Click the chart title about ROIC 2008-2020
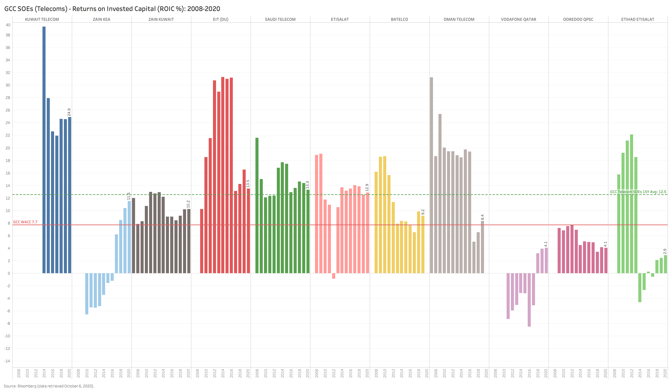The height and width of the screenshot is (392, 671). (x=112, y=9)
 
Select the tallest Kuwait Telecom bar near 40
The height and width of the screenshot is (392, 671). (x=44, y=150)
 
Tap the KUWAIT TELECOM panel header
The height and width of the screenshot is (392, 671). (x=42, y=19)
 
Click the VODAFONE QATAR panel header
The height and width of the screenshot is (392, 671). (x=519, y=19)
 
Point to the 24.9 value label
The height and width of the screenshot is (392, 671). (x=69, y=112)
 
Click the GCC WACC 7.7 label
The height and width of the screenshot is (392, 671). (x=25, y=222)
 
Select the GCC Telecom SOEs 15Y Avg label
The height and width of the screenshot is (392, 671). (x=638, y=192)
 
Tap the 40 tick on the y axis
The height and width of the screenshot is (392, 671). (x=8, y=25)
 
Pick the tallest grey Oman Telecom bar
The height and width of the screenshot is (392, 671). (x=431, y=175)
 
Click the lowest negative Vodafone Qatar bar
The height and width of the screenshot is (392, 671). (x=529, y=299)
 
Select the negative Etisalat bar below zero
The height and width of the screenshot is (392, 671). (x=334, y=276)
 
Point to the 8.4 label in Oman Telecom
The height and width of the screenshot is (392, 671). (x=482, y=217)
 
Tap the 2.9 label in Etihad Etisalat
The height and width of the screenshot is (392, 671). (x=665, y=251)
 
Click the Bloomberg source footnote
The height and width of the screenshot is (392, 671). (x=49, y=386)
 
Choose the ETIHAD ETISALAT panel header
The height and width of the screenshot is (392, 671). (x=638, y=19)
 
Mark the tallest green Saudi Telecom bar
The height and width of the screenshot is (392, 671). (x=257, y=205)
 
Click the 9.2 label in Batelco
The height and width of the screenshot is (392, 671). (x=423, y=212)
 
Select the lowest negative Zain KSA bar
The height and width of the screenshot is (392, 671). (x=87, y=294)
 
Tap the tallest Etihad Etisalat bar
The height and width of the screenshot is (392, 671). (x=632, y=204)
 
